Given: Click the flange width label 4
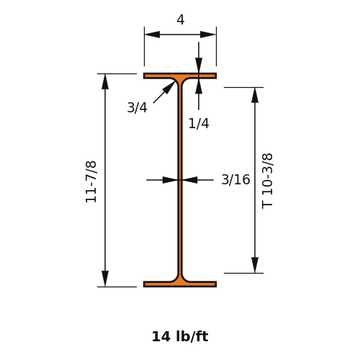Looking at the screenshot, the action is pos(181,19).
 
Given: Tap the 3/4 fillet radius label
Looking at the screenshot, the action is pos(137,107).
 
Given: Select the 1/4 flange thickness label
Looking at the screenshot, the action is pos(199,124).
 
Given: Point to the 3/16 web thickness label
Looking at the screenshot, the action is pos(235,179).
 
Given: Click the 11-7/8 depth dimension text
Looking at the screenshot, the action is pos(91,182).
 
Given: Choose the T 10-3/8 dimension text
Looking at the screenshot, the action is pos(267,181).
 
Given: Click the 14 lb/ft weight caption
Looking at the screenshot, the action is pos(180,336).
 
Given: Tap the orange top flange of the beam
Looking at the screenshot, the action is pos(180,76).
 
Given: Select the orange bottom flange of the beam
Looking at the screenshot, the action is pos(180,284).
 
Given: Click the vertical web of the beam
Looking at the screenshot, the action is pos(180,180).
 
